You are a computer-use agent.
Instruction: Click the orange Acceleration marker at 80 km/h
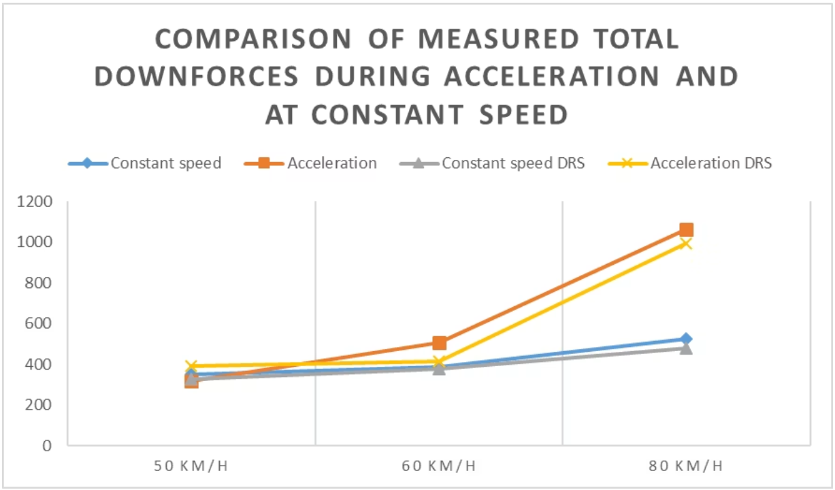coord(686,230)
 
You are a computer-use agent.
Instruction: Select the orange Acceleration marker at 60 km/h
coord(440,343)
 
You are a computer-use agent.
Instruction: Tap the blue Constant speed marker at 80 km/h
coord(686,339)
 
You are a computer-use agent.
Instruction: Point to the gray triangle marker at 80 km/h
coord(686,348)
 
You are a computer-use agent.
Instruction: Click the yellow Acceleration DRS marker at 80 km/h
coord(686,244)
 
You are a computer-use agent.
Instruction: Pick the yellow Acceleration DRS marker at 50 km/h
coord(191,366)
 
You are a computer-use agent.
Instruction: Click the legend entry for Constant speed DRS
coord(492,163)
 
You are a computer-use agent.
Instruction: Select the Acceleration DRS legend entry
coord(689,163)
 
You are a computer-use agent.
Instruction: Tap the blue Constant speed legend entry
coord(145,163)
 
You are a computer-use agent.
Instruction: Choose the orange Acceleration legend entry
coord(310,163)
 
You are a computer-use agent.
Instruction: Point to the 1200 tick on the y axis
coord(34,201)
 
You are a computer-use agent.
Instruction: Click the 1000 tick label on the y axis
coord(34,242)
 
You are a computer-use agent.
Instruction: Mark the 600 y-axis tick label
coord(38,323)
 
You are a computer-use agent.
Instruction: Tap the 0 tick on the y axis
coord(47,445)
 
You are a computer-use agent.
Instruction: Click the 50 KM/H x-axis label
coord(191,465)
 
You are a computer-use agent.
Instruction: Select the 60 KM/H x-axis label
coord(439,465)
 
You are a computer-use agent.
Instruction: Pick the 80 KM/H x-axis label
coord(686,465)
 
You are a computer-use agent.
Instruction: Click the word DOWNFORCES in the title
coord(197,76)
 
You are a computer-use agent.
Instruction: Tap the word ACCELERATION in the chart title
coord(552,76)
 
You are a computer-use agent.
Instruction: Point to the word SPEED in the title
coord(524,114)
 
